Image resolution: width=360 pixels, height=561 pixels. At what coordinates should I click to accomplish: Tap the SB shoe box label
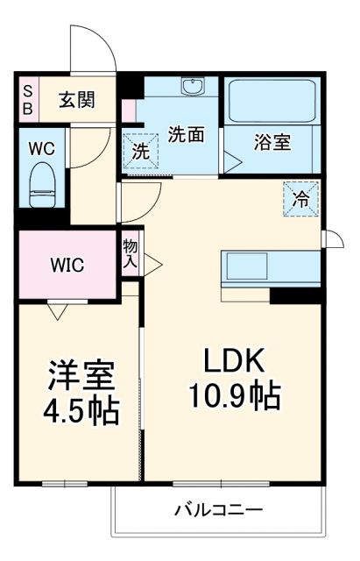27,99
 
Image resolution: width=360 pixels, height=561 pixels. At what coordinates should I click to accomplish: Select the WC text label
41,148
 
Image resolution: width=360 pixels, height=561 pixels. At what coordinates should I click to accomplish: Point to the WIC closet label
67,264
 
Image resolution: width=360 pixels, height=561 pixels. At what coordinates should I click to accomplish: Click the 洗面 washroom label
186,135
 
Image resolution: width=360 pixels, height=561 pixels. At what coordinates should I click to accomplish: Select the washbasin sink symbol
192,87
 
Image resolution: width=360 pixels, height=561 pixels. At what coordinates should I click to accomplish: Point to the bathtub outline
272,103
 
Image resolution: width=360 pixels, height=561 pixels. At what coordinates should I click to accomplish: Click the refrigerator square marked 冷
300,198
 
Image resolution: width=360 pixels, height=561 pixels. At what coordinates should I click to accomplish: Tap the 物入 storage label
131,252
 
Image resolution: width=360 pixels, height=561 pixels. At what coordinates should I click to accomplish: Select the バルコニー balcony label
218,509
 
